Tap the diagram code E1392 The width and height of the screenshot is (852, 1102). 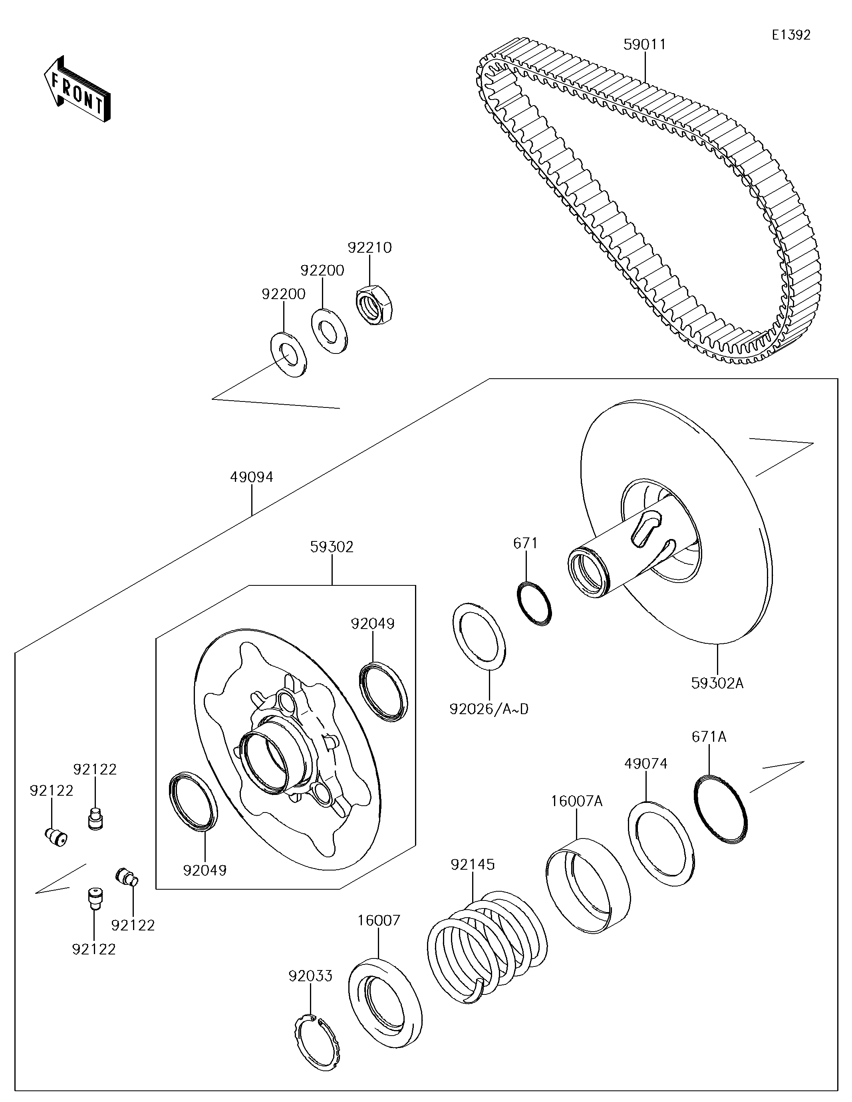[x=791, y=35]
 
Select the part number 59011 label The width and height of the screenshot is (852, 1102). [x=644, y=44]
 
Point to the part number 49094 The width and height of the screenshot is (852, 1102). [x=252, y=477]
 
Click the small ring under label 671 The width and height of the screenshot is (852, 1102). [x=535, y=603]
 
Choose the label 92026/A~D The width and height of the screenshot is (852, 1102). [x=489, y=709]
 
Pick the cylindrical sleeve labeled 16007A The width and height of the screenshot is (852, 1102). [x=588, y=886]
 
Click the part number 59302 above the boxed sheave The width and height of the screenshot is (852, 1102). [x=332, y=547]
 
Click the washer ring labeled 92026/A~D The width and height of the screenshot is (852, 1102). [x=479, y=636]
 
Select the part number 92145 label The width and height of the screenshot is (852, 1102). [x=473, y=864]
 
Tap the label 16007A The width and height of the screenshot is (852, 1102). [x=576, y=801]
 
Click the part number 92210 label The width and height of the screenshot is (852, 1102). [x=369, y=248]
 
